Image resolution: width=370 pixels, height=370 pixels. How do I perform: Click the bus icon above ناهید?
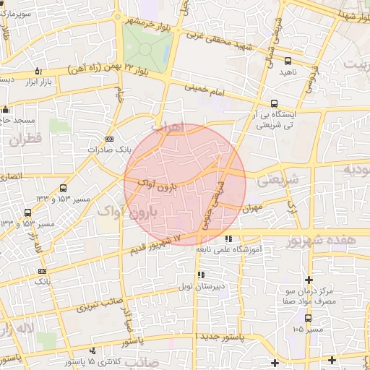click(288, 61)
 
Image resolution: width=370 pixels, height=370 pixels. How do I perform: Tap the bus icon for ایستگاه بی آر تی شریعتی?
click(273, 103)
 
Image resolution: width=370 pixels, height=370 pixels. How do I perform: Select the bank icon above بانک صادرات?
click(109, 138)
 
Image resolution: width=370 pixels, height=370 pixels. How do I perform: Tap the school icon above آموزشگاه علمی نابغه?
click(228, 238)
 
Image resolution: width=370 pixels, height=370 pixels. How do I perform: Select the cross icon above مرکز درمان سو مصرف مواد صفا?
click(309, 280)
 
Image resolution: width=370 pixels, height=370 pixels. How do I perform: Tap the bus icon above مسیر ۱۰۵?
click(309, 318)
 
